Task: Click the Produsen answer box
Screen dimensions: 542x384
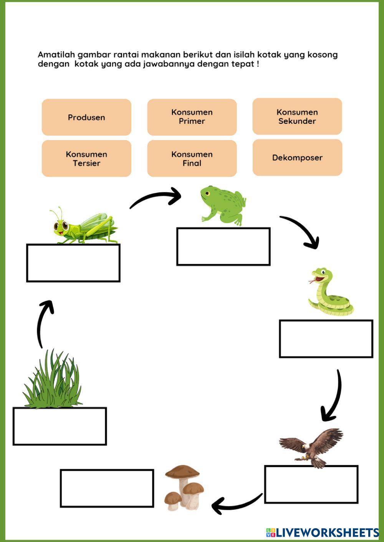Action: [x=86, y=117]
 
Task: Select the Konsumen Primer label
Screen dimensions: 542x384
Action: [x=192, y=117]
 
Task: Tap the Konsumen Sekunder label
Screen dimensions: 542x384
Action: [x=297, y=117]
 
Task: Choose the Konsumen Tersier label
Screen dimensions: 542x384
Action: [x=86, y=158]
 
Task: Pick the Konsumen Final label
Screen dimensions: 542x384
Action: [x=192, y=158]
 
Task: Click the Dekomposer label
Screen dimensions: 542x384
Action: [x=297, y=158]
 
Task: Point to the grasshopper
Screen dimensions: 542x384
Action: [x=84, y=227]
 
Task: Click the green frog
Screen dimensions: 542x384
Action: [x=223, y=205]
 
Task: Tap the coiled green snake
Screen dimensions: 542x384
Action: [x=330, y=293]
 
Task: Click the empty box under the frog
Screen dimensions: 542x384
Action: [x=223, y=246]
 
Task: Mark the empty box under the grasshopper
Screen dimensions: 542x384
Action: [x=73, y=263]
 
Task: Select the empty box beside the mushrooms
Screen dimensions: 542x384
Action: [x=107, y=488]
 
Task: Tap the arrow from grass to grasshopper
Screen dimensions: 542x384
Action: [x=44, y=322]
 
